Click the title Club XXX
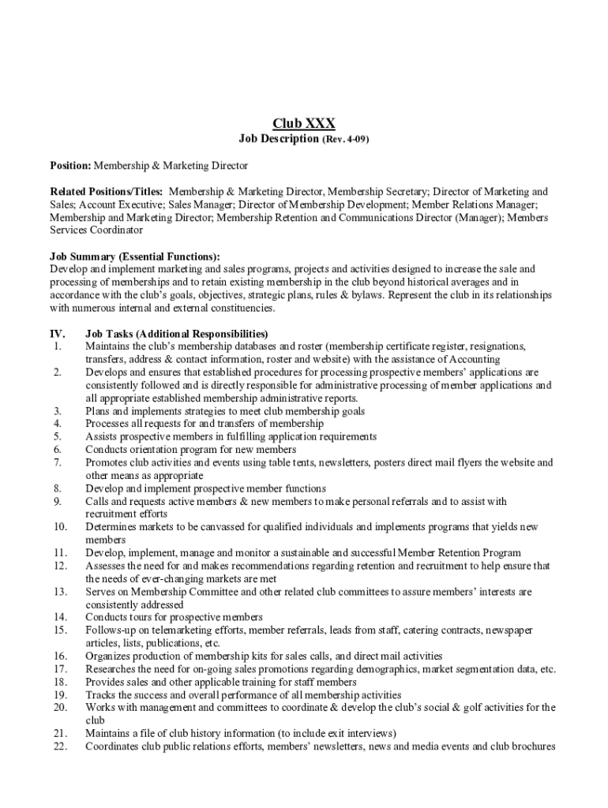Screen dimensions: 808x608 (304, 123)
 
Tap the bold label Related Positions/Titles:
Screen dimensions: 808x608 (107, 192)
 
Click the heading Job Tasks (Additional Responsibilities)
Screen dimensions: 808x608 (177, 333)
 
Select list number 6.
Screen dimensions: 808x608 (58, 450)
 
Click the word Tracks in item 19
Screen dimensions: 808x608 (100, 694)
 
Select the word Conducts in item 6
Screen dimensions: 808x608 (107, 450)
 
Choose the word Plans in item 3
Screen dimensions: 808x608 (98, 411)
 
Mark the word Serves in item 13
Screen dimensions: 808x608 (100, 592)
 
